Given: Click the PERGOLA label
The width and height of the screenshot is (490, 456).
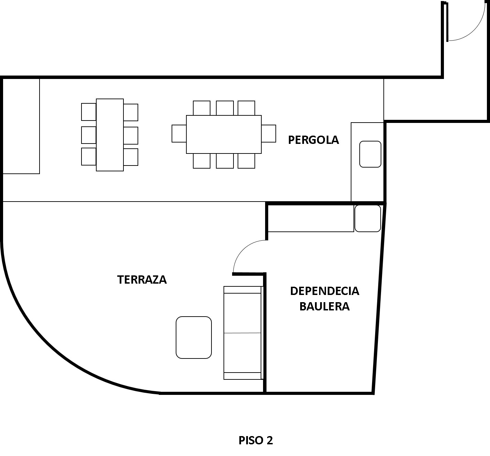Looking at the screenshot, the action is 313,140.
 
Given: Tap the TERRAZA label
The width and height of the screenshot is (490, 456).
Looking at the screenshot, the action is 142,280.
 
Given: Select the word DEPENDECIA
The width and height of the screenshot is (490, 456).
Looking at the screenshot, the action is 325,291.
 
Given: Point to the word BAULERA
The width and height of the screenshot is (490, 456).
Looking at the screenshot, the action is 325,306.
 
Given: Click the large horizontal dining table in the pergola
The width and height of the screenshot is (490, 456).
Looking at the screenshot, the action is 224,134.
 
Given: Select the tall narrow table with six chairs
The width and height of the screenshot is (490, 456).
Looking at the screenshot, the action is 110,135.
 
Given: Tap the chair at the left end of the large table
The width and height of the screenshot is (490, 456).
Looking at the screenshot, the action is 179,134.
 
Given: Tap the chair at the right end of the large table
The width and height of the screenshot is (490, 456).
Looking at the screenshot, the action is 269,134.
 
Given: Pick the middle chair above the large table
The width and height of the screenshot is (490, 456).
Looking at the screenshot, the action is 225,108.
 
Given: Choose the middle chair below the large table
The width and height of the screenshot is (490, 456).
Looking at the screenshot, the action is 225,161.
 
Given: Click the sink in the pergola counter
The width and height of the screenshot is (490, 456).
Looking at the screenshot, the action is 370,154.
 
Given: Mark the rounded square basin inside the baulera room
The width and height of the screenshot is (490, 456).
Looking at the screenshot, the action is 368,218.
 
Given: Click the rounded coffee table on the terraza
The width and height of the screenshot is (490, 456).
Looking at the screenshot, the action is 194,338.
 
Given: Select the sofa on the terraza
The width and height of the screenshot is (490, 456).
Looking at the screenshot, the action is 243,333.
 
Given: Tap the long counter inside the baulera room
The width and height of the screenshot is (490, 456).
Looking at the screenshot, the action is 311,218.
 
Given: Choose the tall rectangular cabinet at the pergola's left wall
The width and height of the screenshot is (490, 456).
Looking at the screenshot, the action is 21,126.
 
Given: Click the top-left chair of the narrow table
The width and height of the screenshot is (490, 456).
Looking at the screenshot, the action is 89,112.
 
